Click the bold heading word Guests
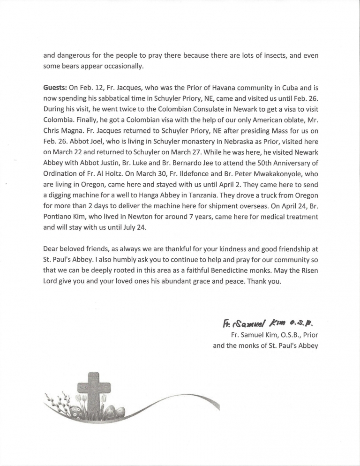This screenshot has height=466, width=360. point(55,87)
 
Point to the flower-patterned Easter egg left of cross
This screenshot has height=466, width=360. point(75,412)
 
